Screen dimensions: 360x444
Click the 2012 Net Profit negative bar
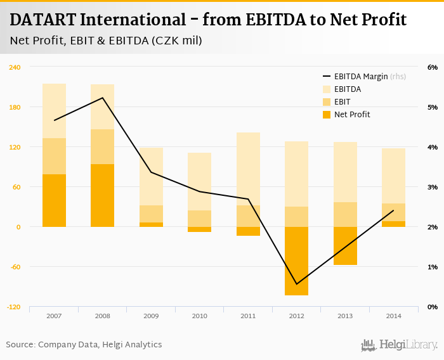[x=296, y=260]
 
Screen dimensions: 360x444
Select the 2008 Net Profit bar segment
[x=102, y=195]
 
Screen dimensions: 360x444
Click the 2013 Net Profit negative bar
[x=345, y=245]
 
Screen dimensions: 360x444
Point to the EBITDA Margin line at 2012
[x=296, y=284]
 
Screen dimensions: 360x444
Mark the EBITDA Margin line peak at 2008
[x=103, y=98]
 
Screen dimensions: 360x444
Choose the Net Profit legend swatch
[x=327, y=115]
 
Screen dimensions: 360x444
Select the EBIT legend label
[x=342, y=102]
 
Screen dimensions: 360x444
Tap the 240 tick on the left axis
[x=15, y=67]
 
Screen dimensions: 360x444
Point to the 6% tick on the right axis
[x=433, y=67]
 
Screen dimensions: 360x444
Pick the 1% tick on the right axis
[x=433, y=267]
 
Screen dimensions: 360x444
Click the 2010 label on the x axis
[x=199, y=315]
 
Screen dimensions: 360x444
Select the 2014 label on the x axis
[x=393, y=315]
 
